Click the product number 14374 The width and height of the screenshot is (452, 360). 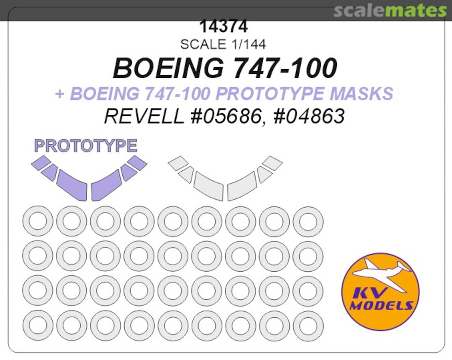tap(223, 27)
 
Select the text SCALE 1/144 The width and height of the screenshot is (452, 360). tap(223, 44)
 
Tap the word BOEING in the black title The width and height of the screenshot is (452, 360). tap(168, 68)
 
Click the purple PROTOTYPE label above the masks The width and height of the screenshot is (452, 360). tap(86, 146)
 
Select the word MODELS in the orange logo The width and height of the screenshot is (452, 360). tap(381, 306)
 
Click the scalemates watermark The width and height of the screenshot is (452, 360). tap(390, 10)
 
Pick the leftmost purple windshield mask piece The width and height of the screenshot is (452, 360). tap(41, 162)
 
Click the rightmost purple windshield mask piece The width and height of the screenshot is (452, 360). tap(137, 163)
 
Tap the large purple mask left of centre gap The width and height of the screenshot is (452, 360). tap(72, 185)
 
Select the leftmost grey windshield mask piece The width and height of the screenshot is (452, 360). tap(178, 163)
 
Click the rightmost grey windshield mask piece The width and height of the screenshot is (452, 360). tap(273, 163)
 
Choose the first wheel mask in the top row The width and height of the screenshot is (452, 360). tap(38, 221)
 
